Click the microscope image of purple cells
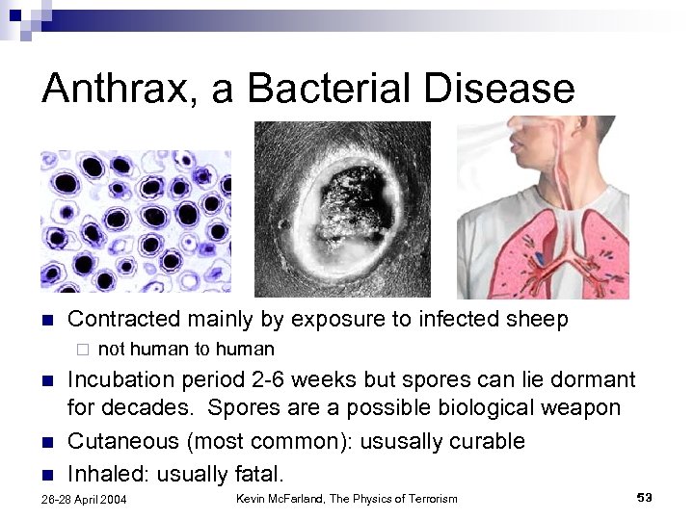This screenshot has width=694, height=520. coord(134,221)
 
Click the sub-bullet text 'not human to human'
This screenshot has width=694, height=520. coord(186,350)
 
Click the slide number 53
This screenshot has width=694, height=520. coord(645,497)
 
